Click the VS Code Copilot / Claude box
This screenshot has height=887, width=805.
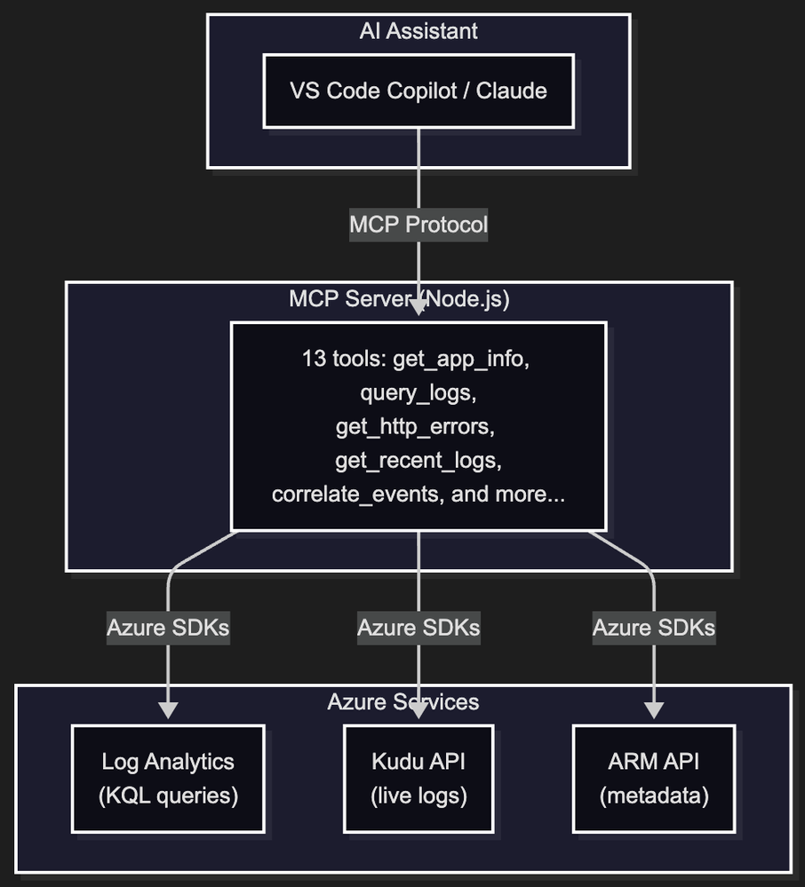click(x=418, y=91)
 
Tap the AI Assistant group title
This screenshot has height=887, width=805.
click(x=418, y=31)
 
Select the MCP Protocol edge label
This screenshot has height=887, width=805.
click(x=418, y=225)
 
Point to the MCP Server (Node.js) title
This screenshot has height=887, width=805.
click(x=399, y=298)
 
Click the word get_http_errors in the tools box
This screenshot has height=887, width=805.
click(x=415, y=427)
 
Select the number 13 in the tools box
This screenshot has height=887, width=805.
click(x=314, y=360)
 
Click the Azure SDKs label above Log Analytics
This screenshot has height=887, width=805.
click(x=168, y=628)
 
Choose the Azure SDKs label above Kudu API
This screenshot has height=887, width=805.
click(x=418, y=628)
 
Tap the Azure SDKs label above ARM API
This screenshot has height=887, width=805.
click(x=654, y=628)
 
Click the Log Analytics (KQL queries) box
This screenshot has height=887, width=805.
click(x=168, y=779)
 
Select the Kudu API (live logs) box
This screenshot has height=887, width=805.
click(x=418, y=779)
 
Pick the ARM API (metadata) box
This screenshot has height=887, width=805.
click(x=654, y=779)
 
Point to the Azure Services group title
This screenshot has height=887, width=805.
click(x=402, y=701)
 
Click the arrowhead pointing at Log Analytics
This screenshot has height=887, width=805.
click(x=168, y=710)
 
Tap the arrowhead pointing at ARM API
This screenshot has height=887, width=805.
click(x=654, y=710)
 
